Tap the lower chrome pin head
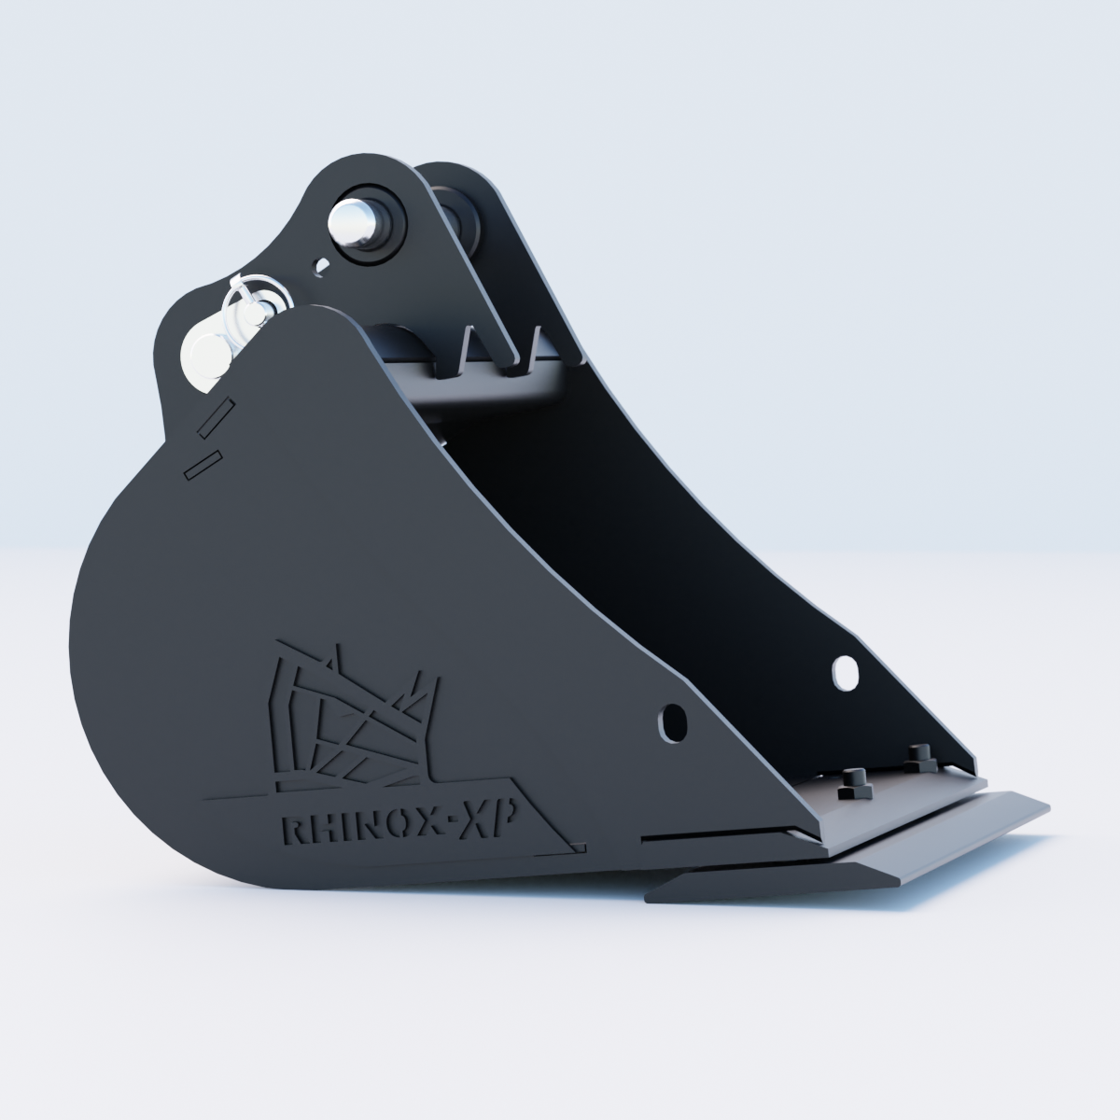coord(206,353)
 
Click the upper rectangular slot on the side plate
coord(217,417)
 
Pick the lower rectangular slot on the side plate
coord(203,465)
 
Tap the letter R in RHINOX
coord(293,830)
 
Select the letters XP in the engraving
coord(486,821)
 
